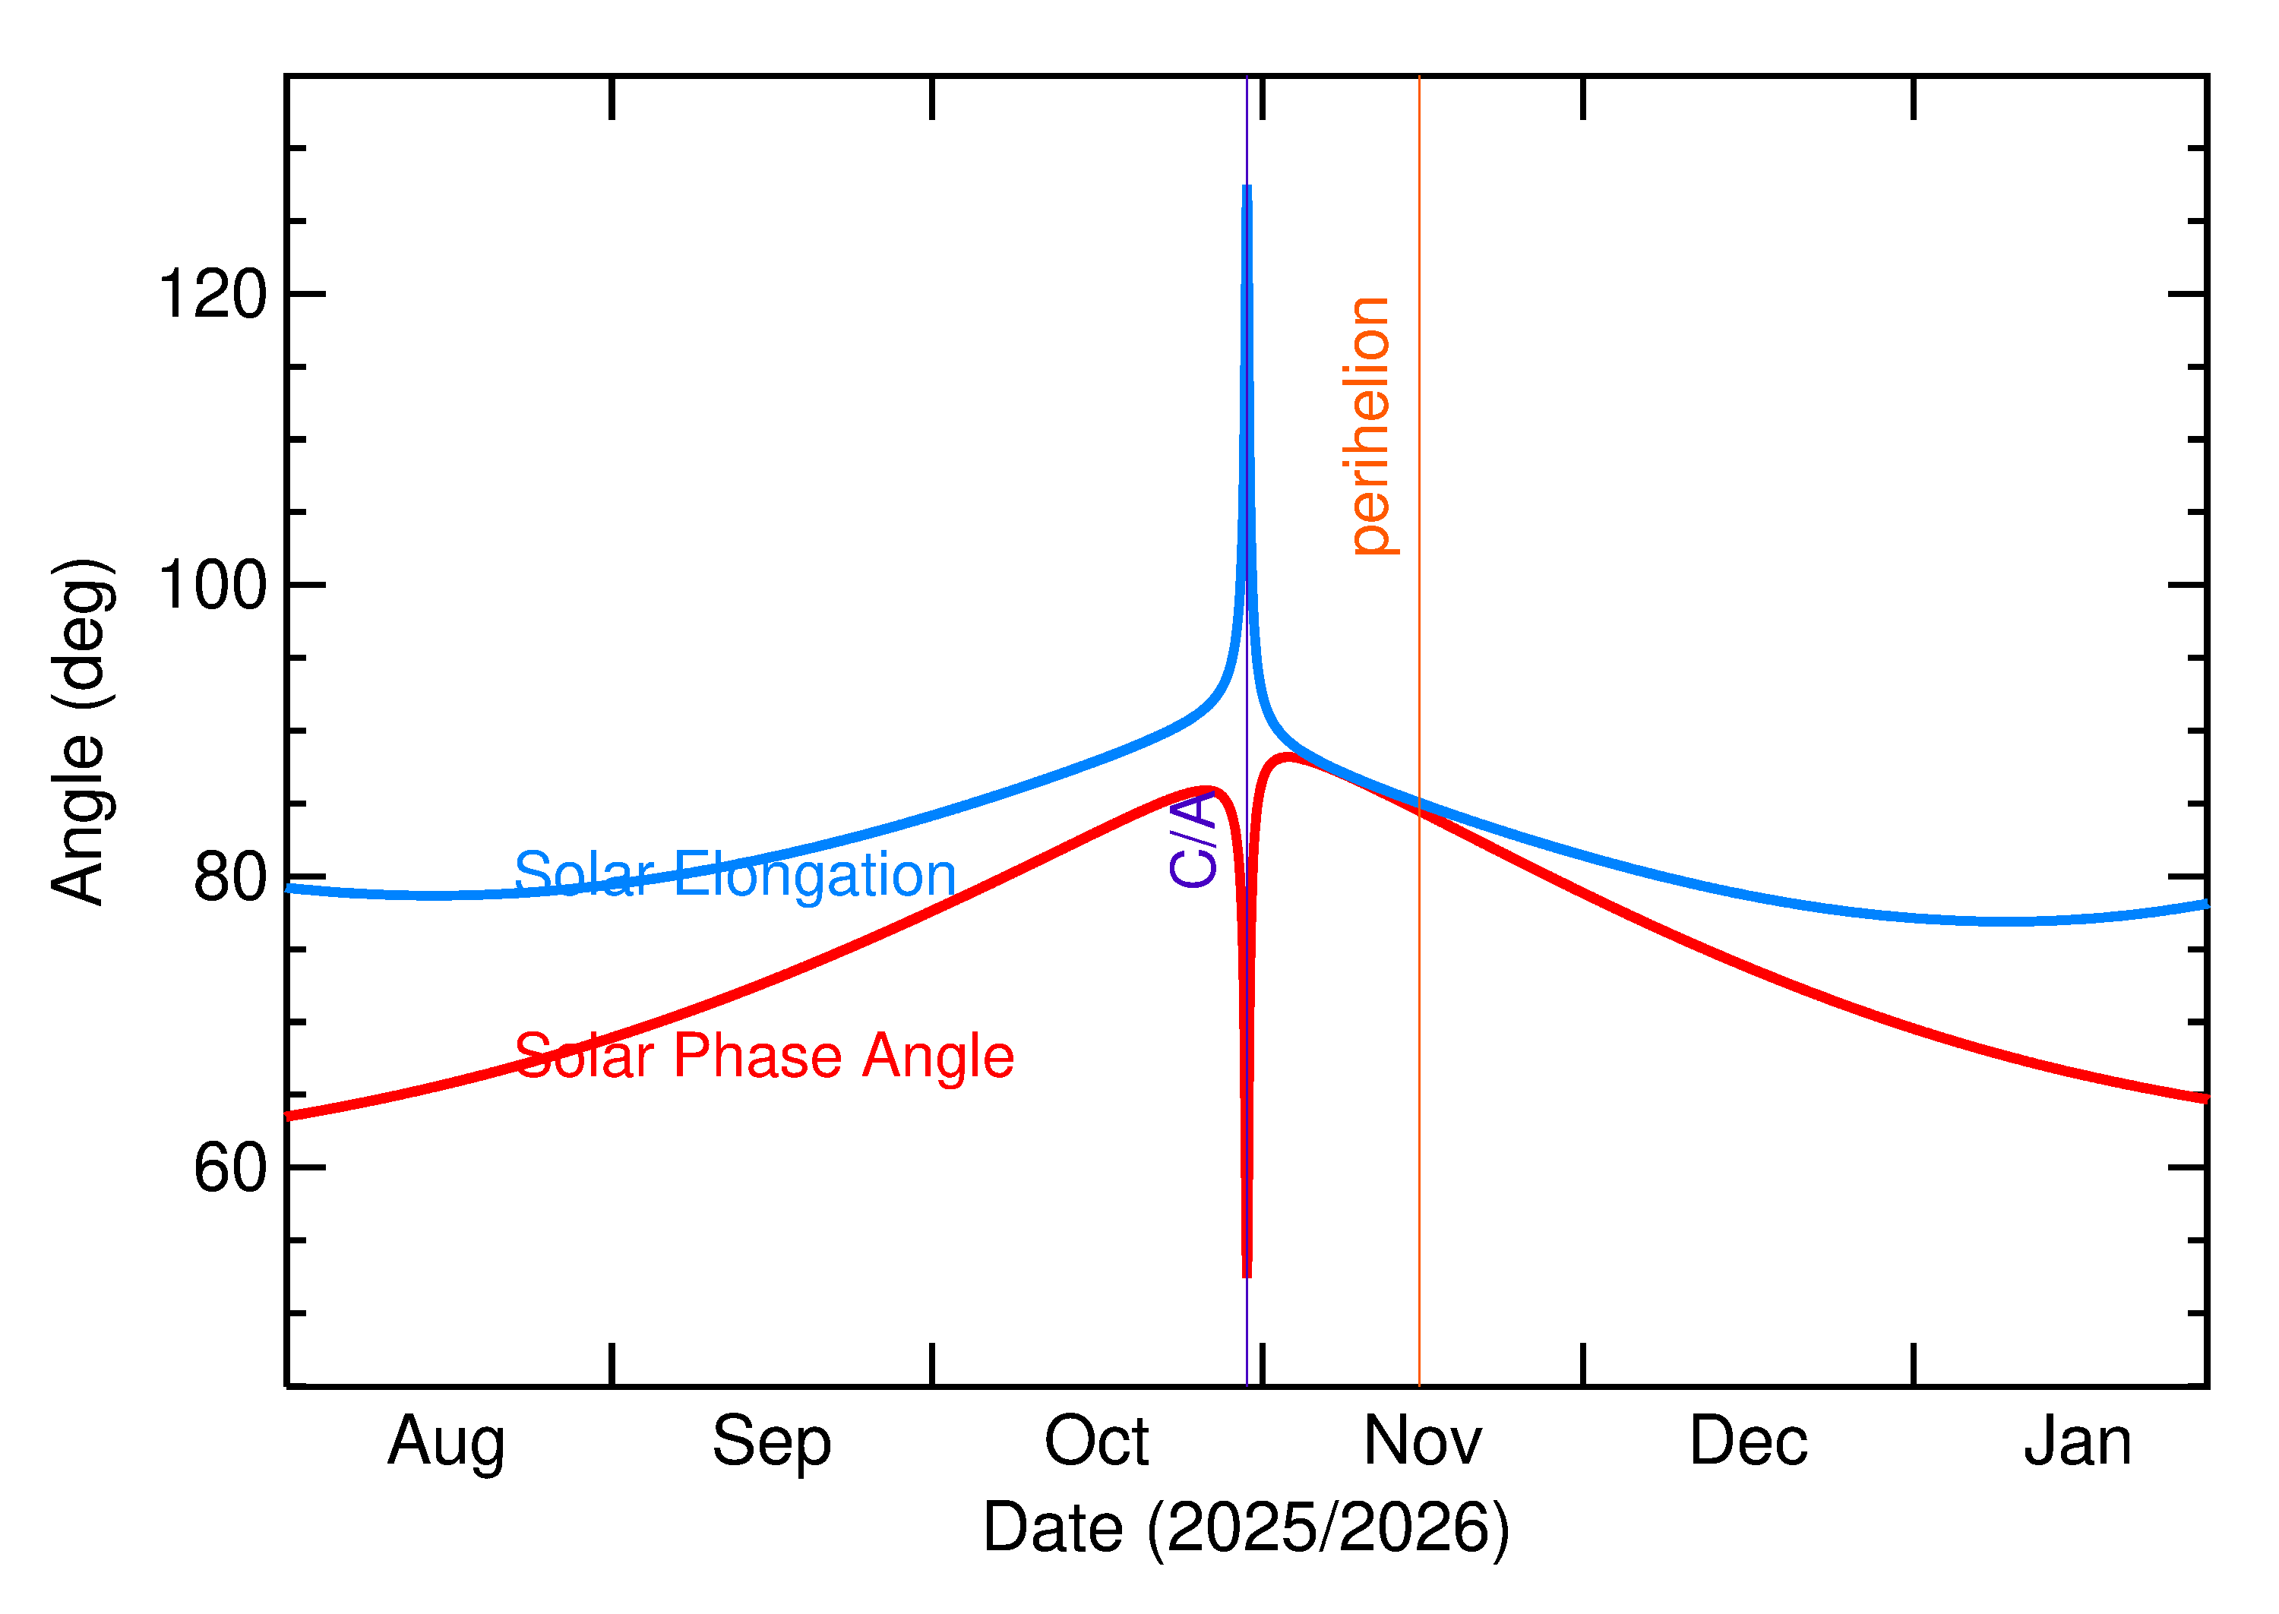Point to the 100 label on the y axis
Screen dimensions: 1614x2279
pos(213,586)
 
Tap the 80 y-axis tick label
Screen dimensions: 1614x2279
pos(231,876)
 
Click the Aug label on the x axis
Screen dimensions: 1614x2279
pos(446,1443)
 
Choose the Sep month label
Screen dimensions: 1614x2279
pos(771,1443)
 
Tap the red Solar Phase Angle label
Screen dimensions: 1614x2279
pos(763,1056)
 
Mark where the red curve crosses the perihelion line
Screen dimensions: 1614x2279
pos(1419,813)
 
